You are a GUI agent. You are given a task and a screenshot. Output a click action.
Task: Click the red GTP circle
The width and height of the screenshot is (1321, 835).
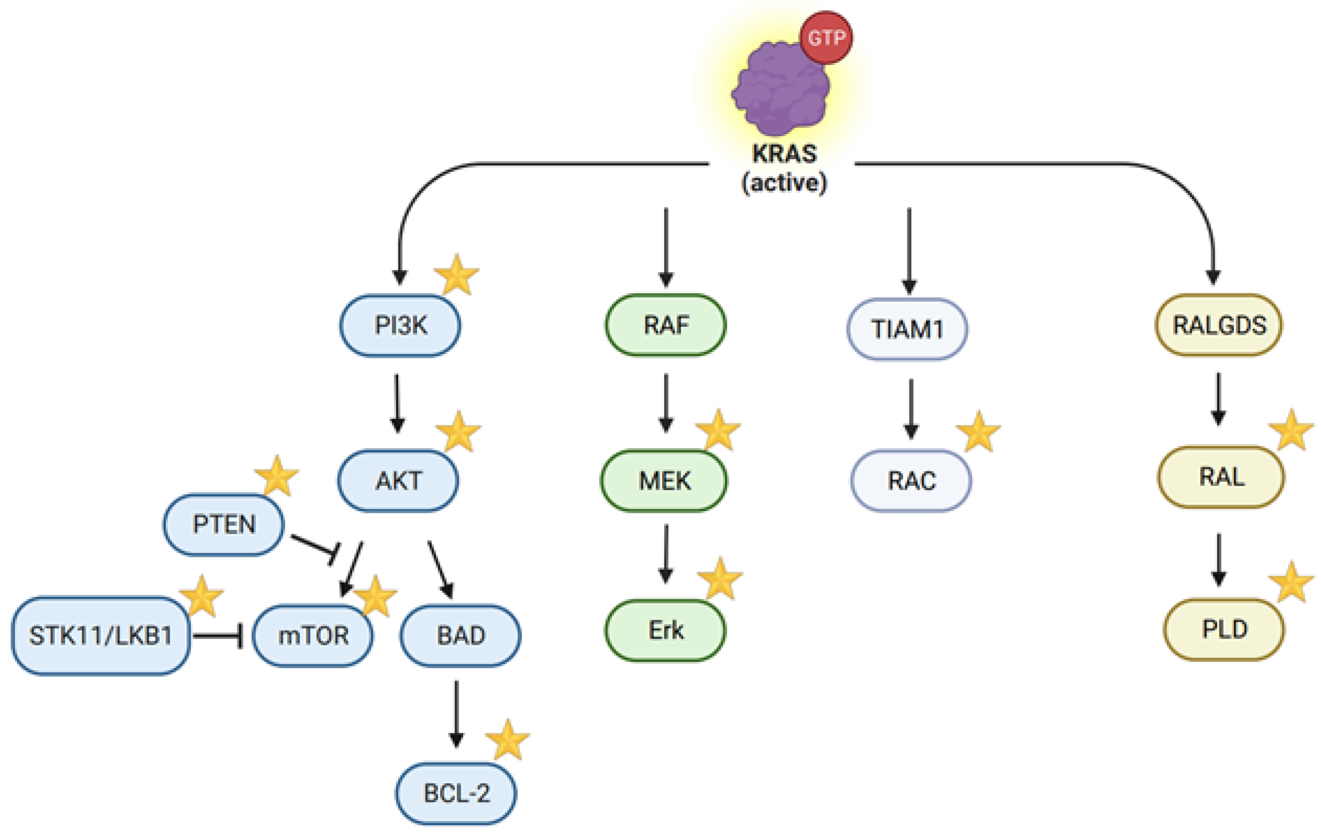tap(826, 37)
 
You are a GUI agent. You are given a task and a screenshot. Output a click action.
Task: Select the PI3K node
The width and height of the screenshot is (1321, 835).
tap(400, 325)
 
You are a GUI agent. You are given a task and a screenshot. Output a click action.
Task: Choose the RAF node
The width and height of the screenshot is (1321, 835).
tap(665, 325)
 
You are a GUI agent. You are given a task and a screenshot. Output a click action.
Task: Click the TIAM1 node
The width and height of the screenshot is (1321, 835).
tap(907, 329)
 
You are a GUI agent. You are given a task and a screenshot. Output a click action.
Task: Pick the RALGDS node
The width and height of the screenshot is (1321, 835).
tap(1219, 325)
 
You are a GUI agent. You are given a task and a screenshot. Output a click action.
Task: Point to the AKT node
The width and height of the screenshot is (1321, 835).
tap(398, 480)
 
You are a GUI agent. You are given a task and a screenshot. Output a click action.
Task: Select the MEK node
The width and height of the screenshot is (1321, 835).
tap(664, 480)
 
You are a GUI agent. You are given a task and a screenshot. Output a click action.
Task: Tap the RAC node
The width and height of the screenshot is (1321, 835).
tap(911, 480)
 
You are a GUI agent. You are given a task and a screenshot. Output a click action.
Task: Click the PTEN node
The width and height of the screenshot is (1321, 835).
tap(224, 524)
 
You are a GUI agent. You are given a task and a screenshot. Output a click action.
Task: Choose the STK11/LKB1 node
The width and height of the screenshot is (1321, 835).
tap(101, 635)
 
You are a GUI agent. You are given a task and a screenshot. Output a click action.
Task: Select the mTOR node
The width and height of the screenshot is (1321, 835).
tap(313, 636)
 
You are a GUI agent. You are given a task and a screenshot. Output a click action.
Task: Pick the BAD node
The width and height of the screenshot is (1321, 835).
tap(460, 636)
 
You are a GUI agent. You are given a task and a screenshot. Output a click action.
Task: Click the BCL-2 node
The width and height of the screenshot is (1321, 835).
tap(456, 793)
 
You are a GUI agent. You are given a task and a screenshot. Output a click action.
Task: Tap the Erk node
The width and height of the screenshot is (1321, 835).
tap(665, 630)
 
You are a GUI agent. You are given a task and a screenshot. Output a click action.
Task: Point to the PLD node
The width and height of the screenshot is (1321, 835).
tap(1224, 629)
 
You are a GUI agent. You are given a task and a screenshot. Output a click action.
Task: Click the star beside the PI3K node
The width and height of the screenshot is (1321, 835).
tap(457, 274)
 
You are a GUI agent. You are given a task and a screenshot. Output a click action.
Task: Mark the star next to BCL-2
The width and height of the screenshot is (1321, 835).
tap(508, 740)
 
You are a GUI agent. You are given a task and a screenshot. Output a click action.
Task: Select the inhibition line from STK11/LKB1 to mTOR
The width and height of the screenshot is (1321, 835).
tap(218, 636)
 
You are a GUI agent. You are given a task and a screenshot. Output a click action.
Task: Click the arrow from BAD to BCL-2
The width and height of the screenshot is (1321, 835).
tap(456, 713)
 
